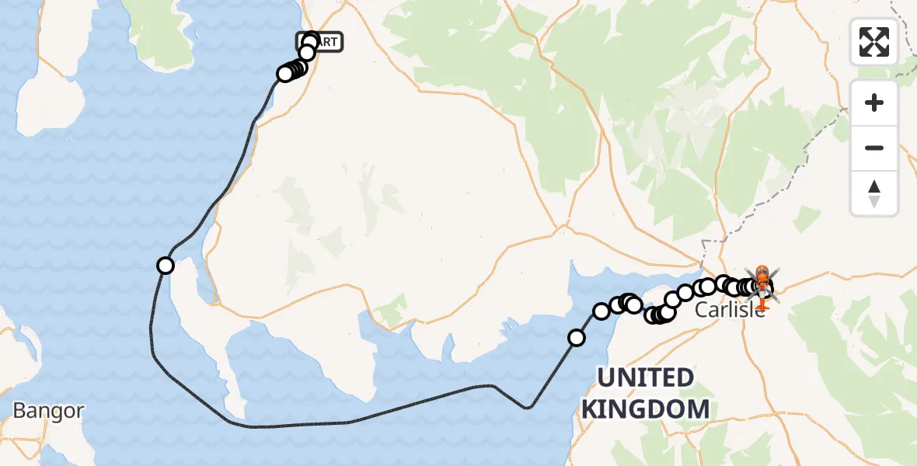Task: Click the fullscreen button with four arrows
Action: pos(874,42)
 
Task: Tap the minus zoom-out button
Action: pos(874,148)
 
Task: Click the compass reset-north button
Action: pos(874,193)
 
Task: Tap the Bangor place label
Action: pos(48,411)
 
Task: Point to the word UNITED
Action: pos(645,378)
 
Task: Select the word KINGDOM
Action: pos(645,409)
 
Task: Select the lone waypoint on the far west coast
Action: pos(165,266)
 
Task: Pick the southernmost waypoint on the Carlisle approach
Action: pos(577,338)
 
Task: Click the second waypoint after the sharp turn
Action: pos(601,311)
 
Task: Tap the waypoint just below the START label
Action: pos(307,53)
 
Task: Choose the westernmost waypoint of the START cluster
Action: pos(284,74)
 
